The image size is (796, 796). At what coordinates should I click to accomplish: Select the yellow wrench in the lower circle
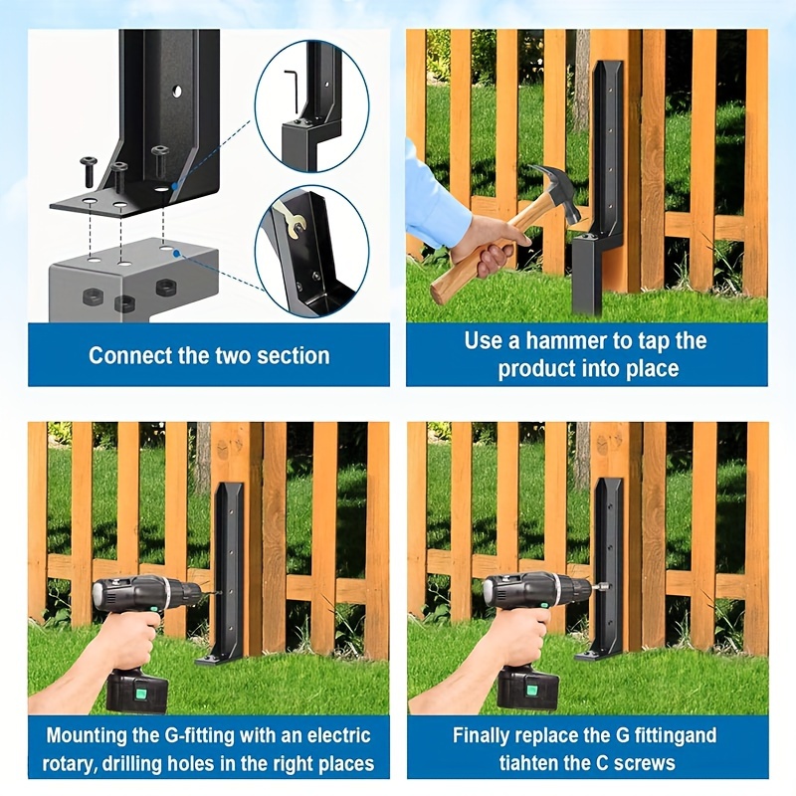[293, 221]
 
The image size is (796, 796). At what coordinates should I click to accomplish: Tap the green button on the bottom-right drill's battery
[531, 691]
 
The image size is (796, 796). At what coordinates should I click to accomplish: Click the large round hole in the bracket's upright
[177, 92]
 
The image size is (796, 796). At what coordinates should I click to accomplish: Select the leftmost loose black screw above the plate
[88, 171]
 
